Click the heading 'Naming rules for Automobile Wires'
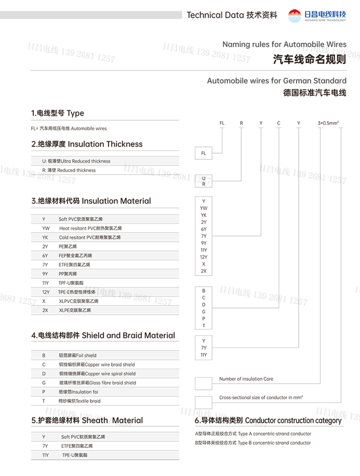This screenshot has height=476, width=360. coord(284,44)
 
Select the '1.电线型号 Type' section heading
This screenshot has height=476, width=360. coord(58,113)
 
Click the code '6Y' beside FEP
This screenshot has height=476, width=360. coord(45,255)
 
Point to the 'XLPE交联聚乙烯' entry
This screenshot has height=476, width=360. coord(75,310)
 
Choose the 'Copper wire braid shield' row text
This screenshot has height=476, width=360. coord(97,365)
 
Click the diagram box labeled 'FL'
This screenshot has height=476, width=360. coord(203,153)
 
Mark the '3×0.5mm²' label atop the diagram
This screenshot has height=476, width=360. coord(328,123)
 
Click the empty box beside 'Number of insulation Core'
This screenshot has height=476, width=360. coord(203,383)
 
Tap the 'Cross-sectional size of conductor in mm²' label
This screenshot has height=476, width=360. coord(261,398)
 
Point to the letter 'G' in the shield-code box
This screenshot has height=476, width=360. coord(204,312)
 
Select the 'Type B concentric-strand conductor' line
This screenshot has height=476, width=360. coord(253,443)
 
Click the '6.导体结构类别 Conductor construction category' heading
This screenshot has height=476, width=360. coord(268,421)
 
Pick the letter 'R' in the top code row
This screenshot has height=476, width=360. coord(241,123)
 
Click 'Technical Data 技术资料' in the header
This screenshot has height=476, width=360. coord(232,15)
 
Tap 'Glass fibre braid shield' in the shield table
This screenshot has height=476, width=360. coord(97,383)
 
